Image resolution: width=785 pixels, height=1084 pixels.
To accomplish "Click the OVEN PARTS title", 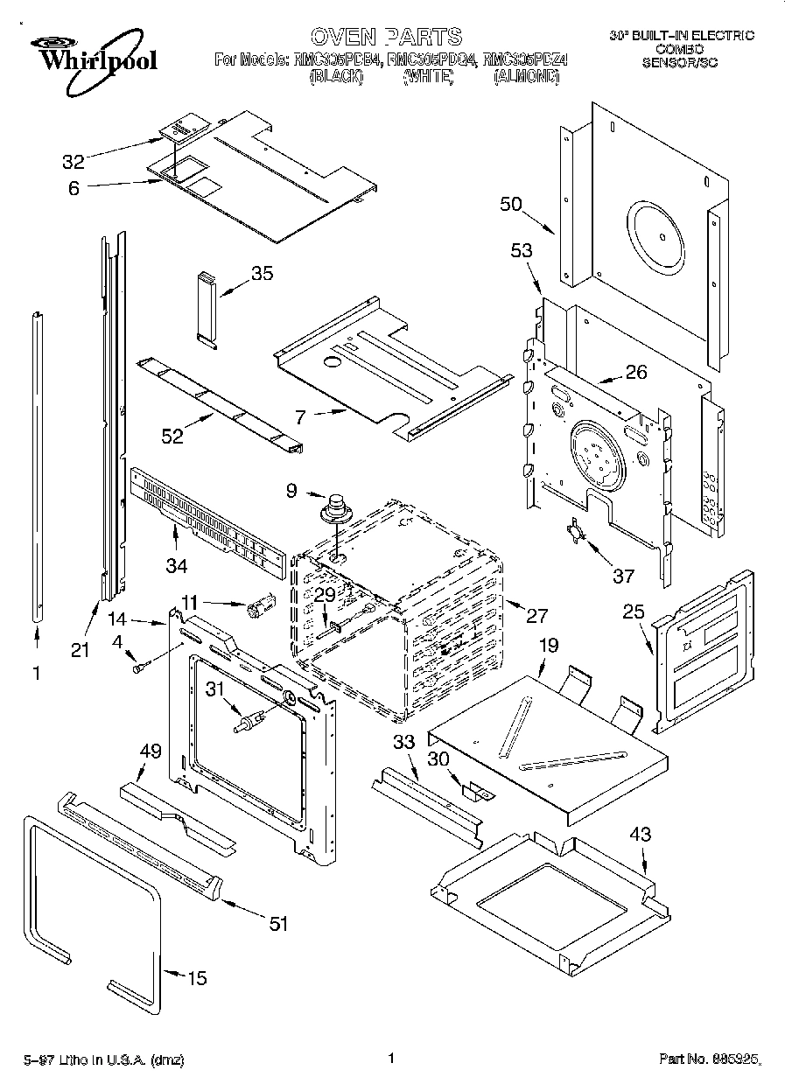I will tap(386, 36).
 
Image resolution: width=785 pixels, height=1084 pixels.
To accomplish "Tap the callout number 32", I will tap(74, 161).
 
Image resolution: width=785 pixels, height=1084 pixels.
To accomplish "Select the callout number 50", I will tap(511, 205).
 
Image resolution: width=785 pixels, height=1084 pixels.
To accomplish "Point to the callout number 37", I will tap(623, 575).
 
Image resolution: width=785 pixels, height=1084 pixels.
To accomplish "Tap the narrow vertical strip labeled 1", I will tap(36, 464).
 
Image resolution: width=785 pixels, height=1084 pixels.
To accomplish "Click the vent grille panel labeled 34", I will tap(208, 523).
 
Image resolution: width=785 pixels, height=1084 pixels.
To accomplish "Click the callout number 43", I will tap(641, 834).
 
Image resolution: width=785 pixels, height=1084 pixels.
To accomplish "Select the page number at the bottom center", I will tap(391, 1058).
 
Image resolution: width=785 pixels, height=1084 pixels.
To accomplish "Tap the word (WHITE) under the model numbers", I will tap(428, 77).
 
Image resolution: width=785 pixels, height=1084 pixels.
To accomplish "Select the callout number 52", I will tap(172, 435).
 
